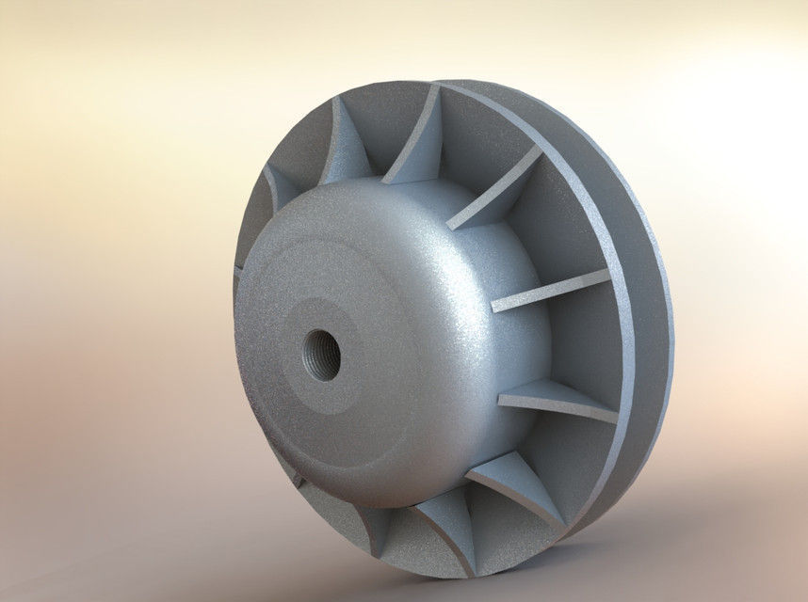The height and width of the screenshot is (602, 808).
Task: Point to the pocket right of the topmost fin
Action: tap(480, 141)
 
